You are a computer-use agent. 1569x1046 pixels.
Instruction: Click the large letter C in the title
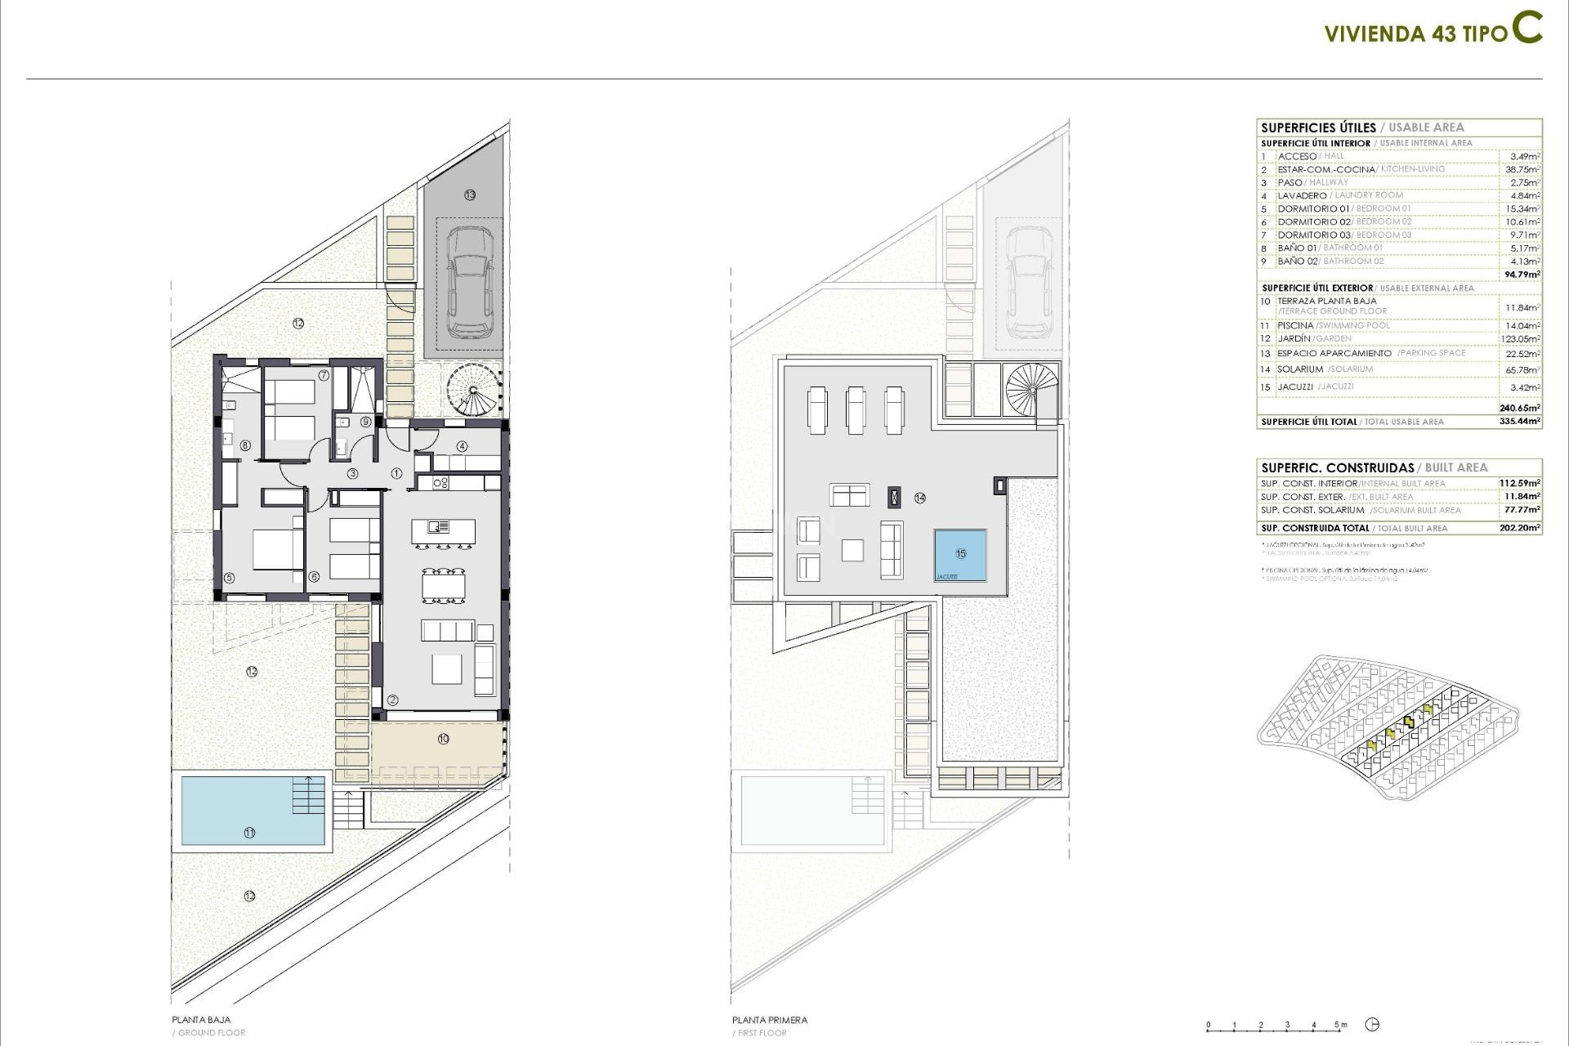click(x=1527, y=28)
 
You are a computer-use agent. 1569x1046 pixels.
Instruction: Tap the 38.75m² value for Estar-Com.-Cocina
click(x=1523, y=169)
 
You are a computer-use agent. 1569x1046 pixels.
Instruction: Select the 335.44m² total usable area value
click(x=1520, y=422)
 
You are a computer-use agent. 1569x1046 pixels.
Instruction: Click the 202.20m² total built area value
click(x=1520, y=528)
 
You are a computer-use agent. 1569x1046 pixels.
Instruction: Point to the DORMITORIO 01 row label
click(x=1313, y=208)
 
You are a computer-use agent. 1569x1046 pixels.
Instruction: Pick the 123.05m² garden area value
click(x=1520, y=338)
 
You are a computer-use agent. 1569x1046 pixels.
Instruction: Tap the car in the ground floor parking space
click(x=470, y=282)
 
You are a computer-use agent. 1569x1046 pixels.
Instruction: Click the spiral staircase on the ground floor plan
click(x=473, y=390)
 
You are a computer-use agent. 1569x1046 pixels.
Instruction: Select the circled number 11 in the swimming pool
click(x=249, y=832)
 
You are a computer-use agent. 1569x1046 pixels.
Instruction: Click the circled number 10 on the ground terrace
click(x=443, y=739)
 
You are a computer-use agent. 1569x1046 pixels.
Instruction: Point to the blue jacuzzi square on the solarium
click(x=960, y=554)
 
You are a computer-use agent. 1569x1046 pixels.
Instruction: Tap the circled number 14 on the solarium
click(x=920, y=498)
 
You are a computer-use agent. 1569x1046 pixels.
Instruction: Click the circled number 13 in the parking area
click(x=470, y=194)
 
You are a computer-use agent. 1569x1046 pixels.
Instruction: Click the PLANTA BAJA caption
click(x=201, y=1019)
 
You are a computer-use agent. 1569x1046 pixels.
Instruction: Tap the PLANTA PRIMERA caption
click(x=769, y=1019)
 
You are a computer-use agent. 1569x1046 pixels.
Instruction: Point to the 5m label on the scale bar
click(x=1340, y=1024)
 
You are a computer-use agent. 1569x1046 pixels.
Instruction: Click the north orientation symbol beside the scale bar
click(x=1372, y=1025)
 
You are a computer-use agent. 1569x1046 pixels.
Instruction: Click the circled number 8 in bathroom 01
click(x=245, y=445)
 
